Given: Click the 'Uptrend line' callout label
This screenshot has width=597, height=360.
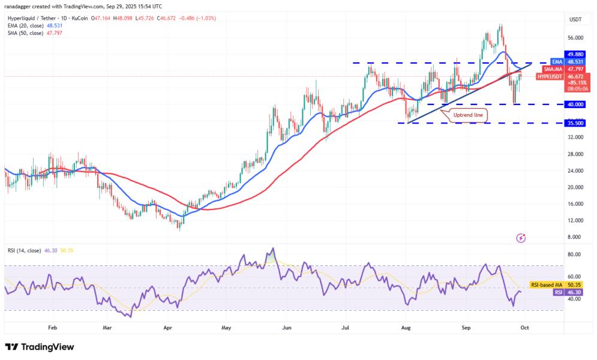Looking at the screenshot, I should point(468,113).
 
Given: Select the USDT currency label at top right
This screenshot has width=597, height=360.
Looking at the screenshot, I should point(575,20).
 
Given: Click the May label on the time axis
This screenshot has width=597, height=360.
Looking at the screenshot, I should point(226,328).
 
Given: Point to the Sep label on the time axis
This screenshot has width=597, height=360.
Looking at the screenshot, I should point(466,328).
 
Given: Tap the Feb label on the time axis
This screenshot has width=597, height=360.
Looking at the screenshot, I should point(52,328).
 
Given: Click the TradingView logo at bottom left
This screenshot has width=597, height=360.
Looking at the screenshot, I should point(40,347).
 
